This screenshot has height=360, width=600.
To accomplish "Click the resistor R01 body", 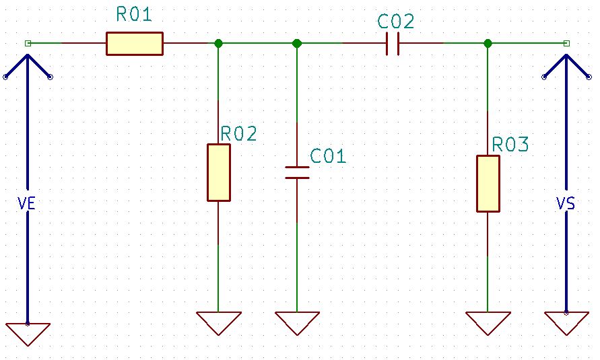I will coord(134,44).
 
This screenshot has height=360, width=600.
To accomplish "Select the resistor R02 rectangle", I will coord(218,172).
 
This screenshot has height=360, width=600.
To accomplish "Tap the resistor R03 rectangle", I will coord(488,184).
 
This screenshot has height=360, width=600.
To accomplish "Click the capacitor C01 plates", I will coord(297,173).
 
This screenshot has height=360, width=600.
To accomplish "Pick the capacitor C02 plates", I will coord(395,44).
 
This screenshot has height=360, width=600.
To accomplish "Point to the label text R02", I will coord(239,134).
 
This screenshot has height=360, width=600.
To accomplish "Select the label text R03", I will coord(510,145).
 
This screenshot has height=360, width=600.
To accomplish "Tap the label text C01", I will coord(328,157).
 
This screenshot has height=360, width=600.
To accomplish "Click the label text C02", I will coord(396,22).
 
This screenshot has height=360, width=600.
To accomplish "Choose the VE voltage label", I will coord(26,203).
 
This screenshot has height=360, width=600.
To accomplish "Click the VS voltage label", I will coord(566,203).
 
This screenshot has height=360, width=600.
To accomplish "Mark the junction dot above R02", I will coord(218,44).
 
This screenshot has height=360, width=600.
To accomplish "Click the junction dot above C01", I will coord(297,44).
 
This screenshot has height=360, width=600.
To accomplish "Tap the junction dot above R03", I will coord(488,44).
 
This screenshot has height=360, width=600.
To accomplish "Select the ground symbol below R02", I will coord(218,322).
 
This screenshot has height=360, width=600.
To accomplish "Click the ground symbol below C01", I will coord(297,322).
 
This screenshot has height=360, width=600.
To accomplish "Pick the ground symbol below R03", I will coord(488,322).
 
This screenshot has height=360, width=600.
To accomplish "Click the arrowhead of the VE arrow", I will coord(28,61).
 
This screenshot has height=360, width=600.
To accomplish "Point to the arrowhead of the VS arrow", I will coord(566,61).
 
